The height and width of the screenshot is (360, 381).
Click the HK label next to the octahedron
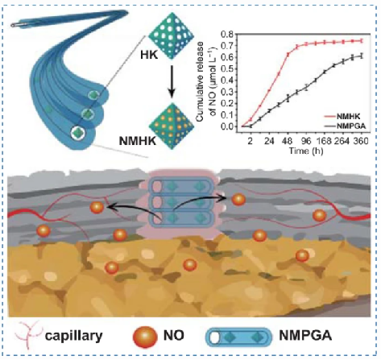149,55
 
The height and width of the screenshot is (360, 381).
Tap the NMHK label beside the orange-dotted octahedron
138,141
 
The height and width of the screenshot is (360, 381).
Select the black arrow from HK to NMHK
172,81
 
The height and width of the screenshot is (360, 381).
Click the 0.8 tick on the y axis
226,34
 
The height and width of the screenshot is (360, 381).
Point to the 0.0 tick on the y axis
226,126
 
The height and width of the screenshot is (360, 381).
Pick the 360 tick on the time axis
361,141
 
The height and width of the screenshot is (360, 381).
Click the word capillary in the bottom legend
73,336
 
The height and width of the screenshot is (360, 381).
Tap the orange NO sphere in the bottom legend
145,336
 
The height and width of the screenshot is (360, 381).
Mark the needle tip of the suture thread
13,25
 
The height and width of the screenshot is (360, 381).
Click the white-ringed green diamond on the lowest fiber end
78,133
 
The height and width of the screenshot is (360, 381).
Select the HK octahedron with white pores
171,36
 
